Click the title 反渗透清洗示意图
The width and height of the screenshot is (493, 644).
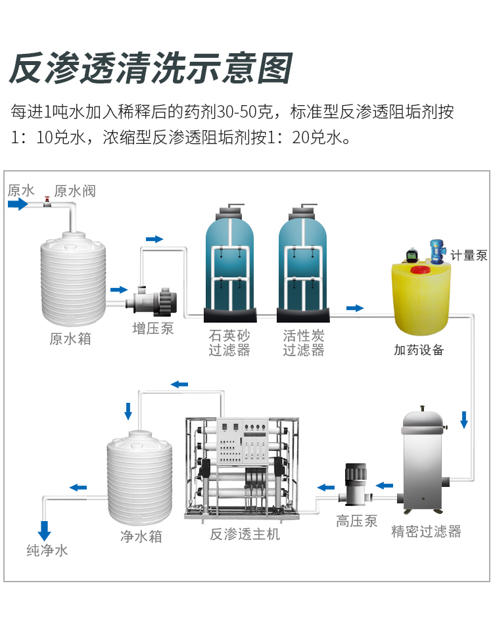click(150, 68)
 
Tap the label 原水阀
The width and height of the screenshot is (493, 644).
click(75, 191)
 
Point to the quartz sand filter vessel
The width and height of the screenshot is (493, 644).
click(229, 263)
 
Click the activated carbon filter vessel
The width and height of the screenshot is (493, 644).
click(303, 263)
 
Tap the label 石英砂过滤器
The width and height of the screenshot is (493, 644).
click(229, 342)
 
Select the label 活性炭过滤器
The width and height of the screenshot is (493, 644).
click(304, 342)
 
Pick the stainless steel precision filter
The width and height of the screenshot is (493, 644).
click(424, 460)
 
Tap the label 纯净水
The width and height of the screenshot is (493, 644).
click(47, 551)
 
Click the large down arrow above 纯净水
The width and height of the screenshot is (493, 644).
click(45, 530)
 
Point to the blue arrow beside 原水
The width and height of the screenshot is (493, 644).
click(18, 204)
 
